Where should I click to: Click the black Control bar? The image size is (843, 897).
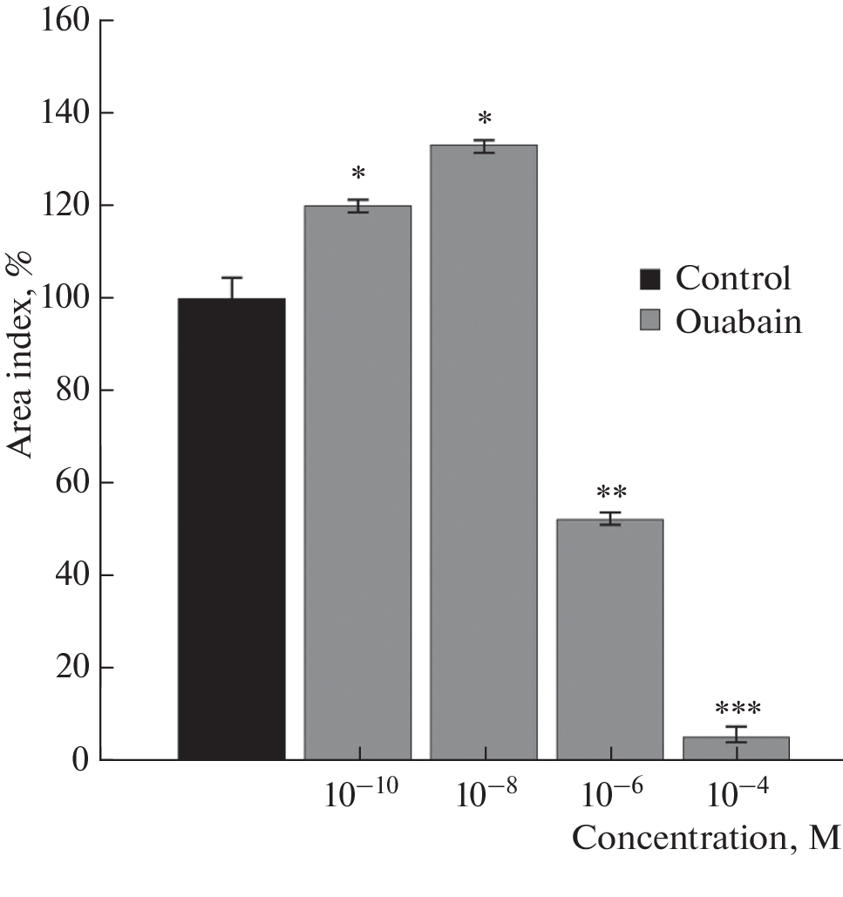[231, 528]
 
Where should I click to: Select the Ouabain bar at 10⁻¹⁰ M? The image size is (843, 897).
[357, 482]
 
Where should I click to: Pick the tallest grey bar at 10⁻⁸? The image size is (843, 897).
[483, 452]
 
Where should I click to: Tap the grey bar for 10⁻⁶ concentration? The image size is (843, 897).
[609, 639]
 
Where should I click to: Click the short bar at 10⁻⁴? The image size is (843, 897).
[736, 749]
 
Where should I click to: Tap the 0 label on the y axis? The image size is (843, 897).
[81, 760]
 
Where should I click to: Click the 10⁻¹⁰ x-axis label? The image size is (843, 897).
[358, 798]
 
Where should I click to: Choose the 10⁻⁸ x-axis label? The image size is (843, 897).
[484, 798]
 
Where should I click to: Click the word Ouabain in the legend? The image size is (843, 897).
[738, 322]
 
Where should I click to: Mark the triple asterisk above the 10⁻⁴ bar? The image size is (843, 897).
[737, 709]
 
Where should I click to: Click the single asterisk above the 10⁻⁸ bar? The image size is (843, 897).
[483, 119]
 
